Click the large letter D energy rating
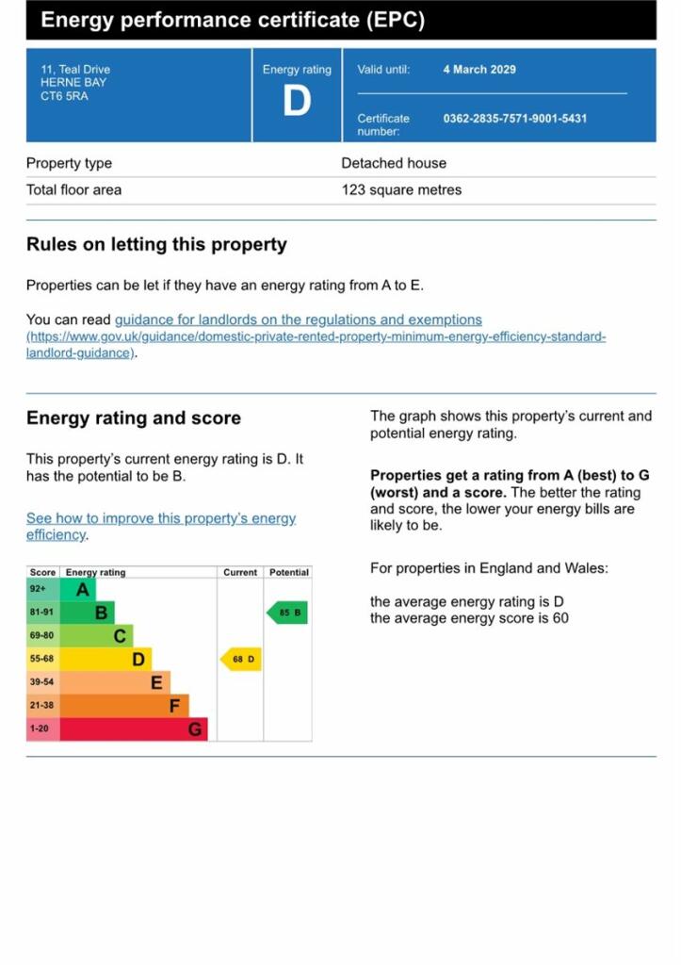297,100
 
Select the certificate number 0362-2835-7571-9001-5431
514,119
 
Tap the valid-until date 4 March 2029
479,70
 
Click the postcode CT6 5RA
64,96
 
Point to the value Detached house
394,163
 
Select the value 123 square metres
401,189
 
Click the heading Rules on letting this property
156,245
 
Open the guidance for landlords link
298,320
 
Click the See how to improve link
161,518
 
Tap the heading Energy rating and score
134,418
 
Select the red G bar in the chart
134,728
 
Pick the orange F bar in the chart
124,705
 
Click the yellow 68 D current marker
241,659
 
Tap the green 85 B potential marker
288,613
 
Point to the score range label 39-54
42,682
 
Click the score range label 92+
39,590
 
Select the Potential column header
288,572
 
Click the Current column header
240,572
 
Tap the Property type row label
69,163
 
